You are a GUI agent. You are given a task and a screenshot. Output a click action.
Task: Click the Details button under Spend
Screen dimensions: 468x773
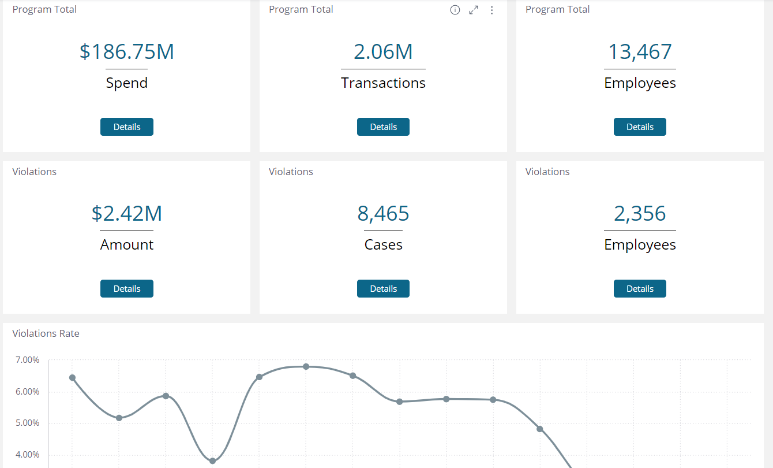point(127,127)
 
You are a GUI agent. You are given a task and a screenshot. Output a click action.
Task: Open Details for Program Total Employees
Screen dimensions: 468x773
point(640,127)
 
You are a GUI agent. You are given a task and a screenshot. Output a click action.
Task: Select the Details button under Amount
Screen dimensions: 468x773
point(127,289)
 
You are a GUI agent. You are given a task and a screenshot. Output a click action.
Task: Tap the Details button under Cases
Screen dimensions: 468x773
point(383,289)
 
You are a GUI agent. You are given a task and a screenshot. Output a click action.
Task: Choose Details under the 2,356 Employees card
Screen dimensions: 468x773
point(640,289)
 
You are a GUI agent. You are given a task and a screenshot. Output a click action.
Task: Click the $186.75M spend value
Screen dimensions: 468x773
point(127,52)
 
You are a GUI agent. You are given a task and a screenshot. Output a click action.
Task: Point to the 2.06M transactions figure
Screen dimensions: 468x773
point(383,52)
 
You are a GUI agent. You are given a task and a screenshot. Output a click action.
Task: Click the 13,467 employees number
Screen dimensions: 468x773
point(640,52)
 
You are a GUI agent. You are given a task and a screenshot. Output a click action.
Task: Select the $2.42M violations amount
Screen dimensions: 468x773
point(127,214)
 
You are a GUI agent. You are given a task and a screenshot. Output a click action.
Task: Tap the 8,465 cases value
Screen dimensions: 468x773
point(383,214)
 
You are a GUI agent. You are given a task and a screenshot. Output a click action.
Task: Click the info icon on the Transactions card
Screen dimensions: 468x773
point(455,10)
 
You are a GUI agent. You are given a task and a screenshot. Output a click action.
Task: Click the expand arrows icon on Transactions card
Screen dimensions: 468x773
point(474,10)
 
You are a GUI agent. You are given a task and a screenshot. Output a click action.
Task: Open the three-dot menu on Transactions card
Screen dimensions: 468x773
point(492,10)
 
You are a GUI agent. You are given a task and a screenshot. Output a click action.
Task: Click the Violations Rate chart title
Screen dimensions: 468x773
point(46,333)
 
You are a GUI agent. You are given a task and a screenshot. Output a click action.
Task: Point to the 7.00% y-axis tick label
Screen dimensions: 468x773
point(28,360)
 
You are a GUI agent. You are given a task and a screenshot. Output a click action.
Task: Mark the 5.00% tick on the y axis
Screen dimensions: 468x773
point(28,423)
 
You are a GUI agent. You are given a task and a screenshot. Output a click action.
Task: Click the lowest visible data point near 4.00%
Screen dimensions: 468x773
point(212,460)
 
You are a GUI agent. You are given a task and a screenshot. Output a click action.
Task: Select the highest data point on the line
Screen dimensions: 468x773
point(306,366)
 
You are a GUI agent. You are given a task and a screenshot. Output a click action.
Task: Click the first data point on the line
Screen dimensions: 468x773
point(72,378)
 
